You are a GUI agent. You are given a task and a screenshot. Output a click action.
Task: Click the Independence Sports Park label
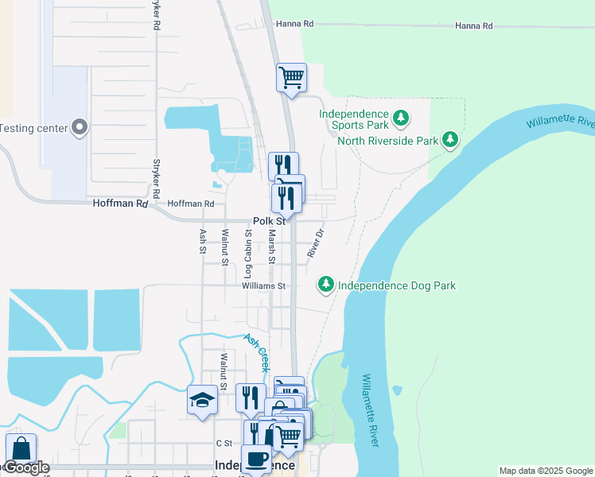point(354,119)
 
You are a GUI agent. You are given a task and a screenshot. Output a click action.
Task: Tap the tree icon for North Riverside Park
point(451,141)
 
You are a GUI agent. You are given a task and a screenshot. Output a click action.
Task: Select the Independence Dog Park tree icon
point(325,284)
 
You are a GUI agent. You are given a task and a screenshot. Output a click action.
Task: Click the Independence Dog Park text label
point(396,285)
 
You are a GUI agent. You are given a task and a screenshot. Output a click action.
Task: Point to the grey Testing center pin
point(79,127)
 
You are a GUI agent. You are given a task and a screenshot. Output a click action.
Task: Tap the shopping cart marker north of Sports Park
point(291,79)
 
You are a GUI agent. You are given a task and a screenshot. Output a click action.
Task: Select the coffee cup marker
point(257,460)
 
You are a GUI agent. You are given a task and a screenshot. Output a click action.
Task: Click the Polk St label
point(268,221)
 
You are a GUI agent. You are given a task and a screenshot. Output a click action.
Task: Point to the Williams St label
point(264,285)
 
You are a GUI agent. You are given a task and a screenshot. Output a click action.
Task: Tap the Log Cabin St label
point(248,246)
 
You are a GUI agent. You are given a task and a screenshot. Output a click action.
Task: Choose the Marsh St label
point(271,246)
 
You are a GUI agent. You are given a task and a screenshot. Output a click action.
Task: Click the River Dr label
point(316,243)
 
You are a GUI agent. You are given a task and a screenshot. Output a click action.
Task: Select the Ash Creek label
point(257,352)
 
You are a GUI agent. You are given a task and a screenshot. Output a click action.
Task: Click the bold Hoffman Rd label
point(120,204)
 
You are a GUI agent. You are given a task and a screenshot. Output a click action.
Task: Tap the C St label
point(223,443)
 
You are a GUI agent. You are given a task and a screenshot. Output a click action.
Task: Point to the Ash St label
point(203,242)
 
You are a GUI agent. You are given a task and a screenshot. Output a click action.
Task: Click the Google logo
point(25,467)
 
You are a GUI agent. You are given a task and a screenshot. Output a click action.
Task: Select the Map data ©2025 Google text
point(545,471)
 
